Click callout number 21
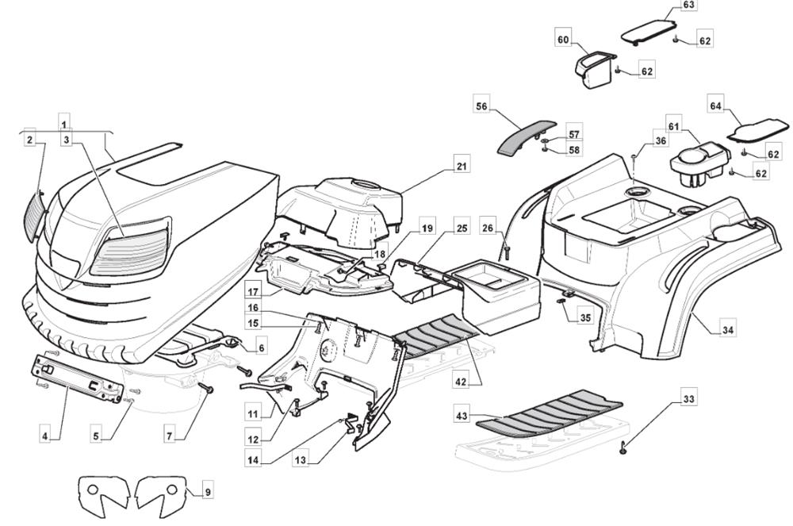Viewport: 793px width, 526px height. [460, 167]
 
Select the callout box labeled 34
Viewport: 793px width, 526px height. [727, 329]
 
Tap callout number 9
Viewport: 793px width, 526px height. [207, 492]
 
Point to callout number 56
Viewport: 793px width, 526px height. [482, 106]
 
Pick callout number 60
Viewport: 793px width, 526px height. [564, 40]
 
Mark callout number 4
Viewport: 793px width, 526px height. [46, 436]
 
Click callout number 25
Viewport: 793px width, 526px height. [462, 229]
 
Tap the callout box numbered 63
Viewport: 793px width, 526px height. [688, 6]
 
